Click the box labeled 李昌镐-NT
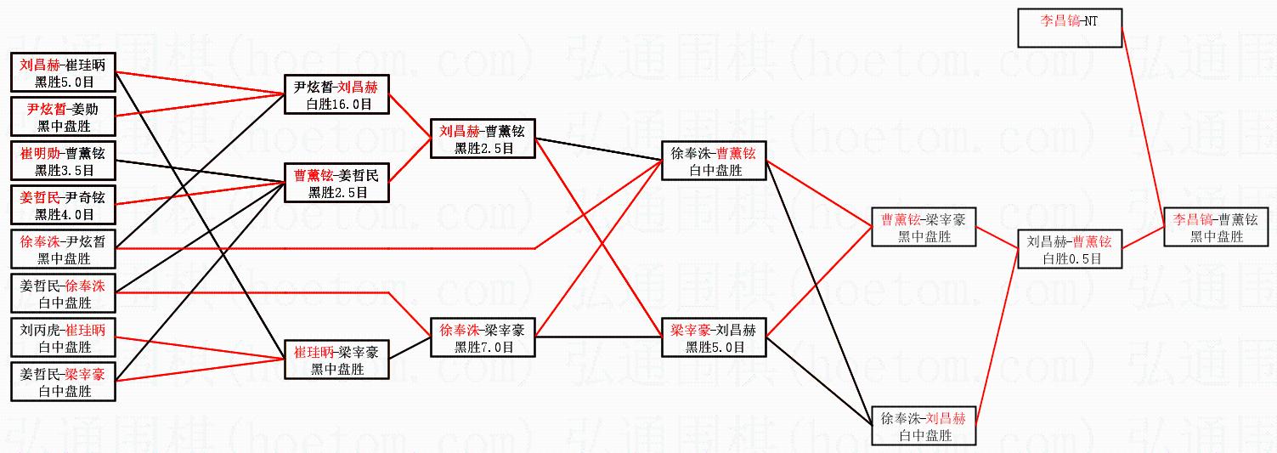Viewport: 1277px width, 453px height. coord(1070,28)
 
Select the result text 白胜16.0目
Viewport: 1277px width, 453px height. coord(337,104)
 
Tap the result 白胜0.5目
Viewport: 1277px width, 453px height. coord(1069,258)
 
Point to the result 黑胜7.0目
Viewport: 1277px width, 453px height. coord(483,347)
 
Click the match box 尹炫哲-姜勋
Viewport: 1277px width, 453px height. coord(63,117)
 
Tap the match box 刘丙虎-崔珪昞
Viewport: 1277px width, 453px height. coord(63,338)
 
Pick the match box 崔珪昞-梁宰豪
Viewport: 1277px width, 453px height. coord(337,360)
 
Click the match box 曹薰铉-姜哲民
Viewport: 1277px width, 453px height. coord(337,184)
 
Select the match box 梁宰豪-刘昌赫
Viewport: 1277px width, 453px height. coord(714,338)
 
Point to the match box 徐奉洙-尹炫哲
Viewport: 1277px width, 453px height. coord(63,250)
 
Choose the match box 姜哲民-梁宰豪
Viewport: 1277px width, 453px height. coord(63,382)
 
